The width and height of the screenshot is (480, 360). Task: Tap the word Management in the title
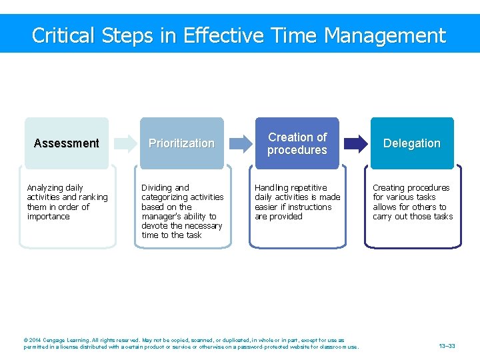point(383,35)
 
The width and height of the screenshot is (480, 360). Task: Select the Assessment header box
point(66,143)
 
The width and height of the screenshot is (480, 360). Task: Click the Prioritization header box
point(181,143)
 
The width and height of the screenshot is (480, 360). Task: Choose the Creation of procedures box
point(297,143)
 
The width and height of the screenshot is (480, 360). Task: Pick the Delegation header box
point(411,143)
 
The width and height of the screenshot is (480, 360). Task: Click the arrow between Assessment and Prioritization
point(124,143)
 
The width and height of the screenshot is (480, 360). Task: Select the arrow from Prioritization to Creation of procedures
point(239,143)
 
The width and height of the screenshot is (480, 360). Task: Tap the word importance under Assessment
point(48,217)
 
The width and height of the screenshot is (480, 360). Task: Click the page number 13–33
point(447,346)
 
